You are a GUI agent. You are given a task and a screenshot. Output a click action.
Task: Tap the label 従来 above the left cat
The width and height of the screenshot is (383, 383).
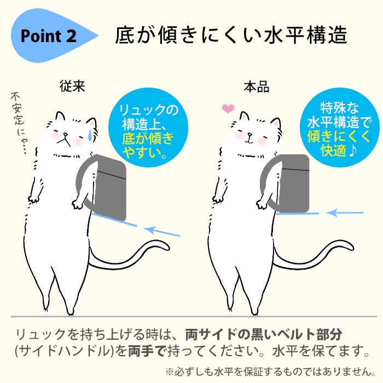click(x=72, y=86)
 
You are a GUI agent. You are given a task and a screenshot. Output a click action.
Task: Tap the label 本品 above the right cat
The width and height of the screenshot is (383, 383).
click(x=257, y=86)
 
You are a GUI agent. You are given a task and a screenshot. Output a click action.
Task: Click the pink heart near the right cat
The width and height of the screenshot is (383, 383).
click(x=228, y=109)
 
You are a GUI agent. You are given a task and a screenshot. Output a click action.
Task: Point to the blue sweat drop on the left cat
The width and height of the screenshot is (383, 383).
click(x=90, y=135)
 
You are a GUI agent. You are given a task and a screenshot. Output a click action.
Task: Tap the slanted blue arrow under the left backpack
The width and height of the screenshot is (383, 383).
click(x=162, y=231)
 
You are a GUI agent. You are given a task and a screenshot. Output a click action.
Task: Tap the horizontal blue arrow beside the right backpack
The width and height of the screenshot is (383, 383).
click(x=345, y=213)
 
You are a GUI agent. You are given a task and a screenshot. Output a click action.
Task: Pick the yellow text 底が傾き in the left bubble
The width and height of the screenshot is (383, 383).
click(x=148, y=138)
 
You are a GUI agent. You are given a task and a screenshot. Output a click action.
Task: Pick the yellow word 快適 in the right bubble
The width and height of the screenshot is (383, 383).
click(x=333, y=150)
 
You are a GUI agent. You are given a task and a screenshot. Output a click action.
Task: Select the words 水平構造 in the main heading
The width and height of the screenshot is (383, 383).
click(x=305, y=36)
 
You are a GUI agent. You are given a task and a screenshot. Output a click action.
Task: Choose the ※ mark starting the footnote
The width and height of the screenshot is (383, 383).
click(x=169, y=372)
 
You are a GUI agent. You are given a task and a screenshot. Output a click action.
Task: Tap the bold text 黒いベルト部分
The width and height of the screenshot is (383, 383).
click(x=296, y=334)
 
